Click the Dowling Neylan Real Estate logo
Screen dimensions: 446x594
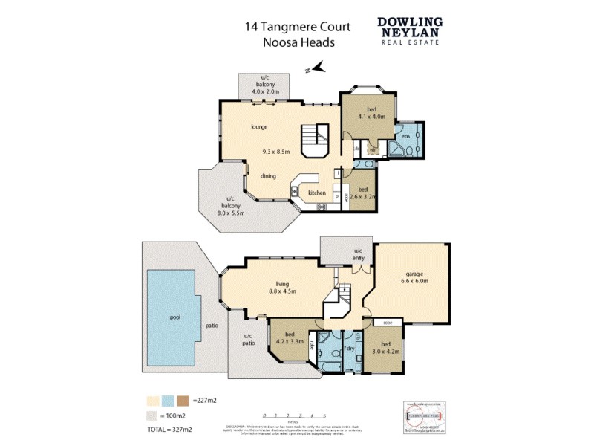409,30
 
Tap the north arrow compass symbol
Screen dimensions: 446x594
316,68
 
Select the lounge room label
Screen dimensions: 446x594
259,126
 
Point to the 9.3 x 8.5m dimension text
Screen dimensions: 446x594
276,152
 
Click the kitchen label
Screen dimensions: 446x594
317,193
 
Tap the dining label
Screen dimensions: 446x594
268,176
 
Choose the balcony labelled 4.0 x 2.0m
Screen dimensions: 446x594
264,86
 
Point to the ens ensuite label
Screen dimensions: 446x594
405,136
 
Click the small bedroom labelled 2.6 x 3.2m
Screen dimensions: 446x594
362,193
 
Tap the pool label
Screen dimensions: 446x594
175,317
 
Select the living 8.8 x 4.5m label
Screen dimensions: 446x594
281,288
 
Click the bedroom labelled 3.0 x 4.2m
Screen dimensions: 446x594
385,348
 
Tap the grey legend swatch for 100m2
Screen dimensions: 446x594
152,416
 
